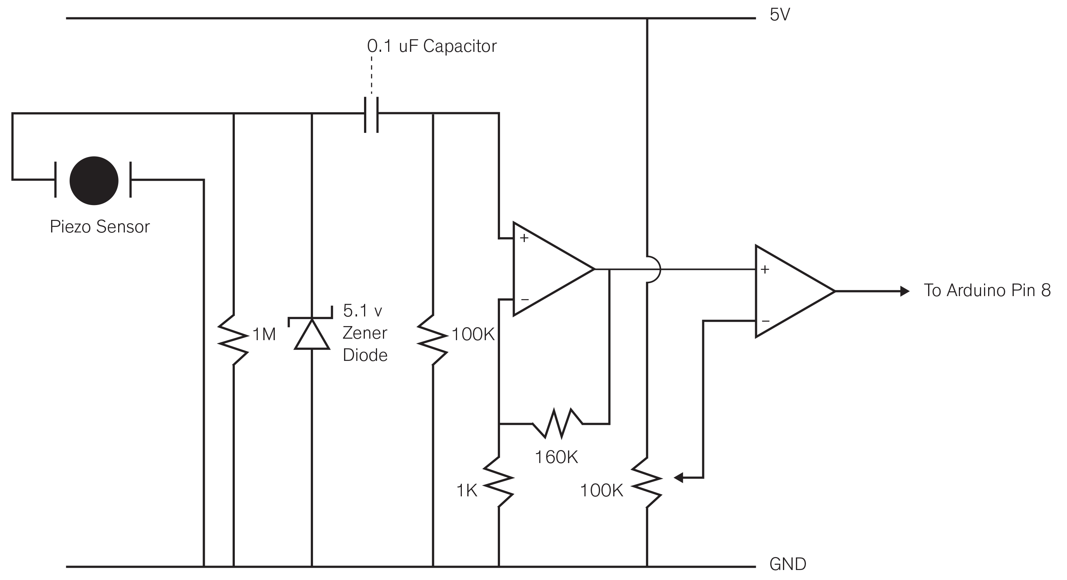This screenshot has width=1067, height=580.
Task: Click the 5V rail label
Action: pyautogui.click(x=780, y=15)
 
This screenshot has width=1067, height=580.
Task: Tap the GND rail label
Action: pyautogui.click(x=788, y=564)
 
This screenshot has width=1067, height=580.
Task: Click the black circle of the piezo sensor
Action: pyautogui.click(x=94, y=181)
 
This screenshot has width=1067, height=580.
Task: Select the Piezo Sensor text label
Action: pyautogui.click(x=99, y=227)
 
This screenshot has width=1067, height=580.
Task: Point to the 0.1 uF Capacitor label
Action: pyautogui.click(x=431, y=46)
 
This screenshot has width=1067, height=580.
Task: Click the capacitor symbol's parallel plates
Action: pyautogui.click(x=371, y=115)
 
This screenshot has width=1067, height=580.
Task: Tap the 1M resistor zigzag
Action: pyautogui.click(x=234, y=340)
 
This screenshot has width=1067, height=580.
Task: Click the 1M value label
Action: pyautogui.click(x=264, y=334)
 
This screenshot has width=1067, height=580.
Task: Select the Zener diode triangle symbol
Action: pyautogui.click(x=311, y=334)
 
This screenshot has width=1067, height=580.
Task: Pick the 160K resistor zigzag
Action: pyautogui.click(x=557, y=423)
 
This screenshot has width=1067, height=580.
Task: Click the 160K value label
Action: pyautogui.click(x=556, y=457)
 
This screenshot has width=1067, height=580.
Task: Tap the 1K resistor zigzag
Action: pyautogui.click(x=499, y=482)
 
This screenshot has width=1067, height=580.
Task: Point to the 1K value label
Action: pyautogui.click(x=467, y=490)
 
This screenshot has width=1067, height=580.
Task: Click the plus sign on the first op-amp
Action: pyautogui.click(x=524, y=238)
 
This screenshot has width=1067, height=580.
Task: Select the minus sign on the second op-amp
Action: pyautogui.click(x=766, y=321)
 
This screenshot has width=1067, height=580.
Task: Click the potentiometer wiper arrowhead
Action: pyautogui.click(x=678, y=478)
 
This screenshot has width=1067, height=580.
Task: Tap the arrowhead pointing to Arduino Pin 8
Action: pyautogui.click(x=905, y=291)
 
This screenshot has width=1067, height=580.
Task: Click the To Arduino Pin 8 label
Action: pyautogui.click(x=987, y=290)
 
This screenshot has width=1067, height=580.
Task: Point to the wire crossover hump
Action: pyautogui.click(x=653, y=269)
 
